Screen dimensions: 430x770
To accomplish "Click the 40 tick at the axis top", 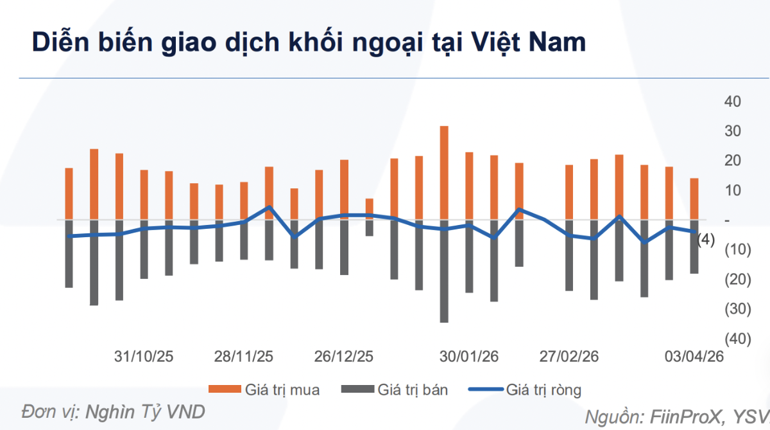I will click(x=733, y=102).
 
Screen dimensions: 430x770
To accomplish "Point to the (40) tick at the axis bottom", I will click(x=733, y=339).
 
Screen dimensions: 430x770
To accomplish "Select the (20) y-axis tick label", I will click(x=733, y=280).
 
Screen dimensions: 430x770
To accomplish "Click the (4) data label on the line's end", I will click(x=705, y=240).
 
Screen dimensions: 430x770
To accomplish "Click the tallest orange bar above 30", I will click(x=444, y=172).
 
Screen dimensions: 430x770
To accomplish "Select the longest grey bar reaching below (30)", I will click(x=444, y=270).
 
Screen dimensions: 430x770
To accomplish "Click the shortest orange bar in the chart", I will click(x=369, y=209).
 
